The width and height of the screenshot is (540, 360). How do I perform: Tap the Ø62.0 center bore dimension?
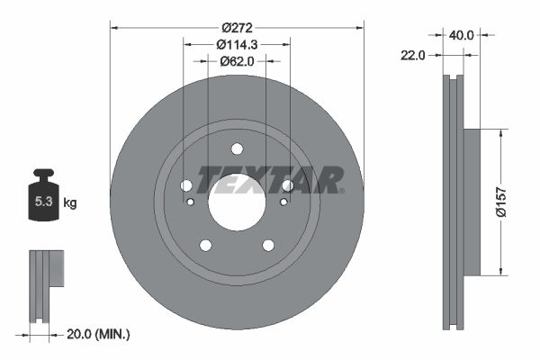click(x=237, y=61)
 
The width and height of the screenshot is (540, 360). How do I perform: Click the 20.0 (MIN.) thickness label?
click(x=99, y=334)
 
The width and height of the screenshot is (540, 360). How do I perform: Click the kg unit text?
click(x=70, y=203)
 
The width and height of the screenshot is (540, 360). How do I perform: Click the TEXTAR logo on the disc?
click(x=270, y=180)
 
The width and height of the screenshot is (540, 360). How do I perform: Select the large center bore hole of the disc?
click(x=237, y=201)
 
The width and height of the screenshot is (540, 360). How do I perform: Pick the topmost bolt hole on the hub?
click(x=237, y=149)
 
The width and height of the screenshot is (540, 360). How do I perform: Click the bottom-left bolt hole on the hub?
click(x=205, y=246)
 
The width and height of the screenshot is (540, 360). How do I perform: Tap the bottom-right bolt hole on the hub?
click(x=268, y=246)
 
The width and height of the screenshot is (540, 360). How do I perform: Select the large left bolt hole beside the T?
click(x=186, y=185)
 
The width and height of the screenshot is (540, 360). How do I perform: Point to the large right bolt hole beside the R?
click(x=288, y=185)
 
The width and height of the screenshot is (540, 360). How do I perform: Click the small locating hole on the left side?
click(x=190, y=202)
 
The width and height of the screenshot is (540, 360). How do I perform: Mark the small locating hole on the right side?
click(x=283, y=202)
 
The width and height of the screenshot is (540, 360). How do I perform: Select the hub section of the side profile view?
click(x=473, y=202)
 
